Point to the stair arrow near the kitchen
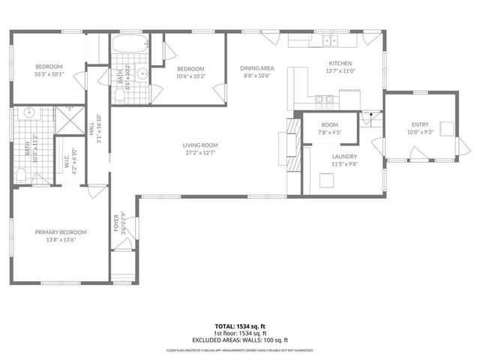[367, 115]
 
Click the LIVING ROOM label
[200, 145]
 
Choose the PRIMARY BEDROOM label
[61, 232]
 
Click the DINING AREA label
[257, 68]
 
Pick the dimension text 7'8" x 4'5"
[330, 132]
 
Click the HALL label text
[91, 131]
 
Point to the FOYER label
[116, 224]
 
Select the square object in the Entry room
[448, 128]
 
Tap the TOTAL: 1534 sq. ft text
[239, 326]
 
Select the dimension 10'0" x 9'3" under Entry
[420, 132]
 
